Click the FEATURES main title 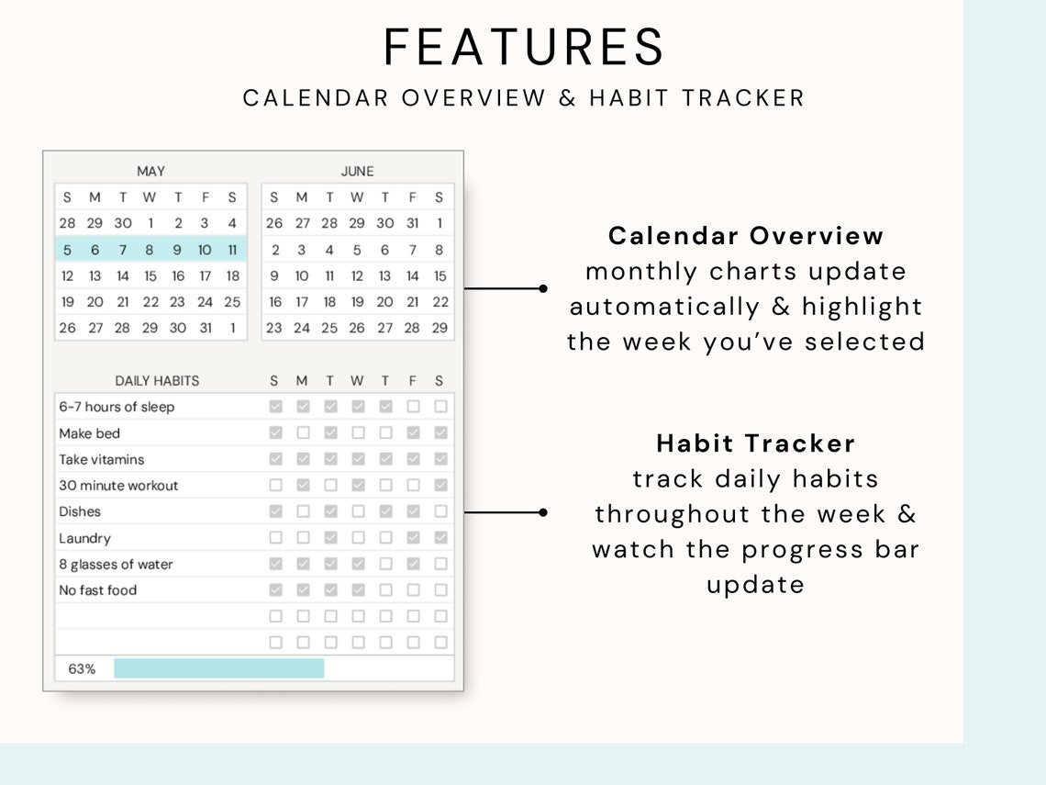pos(524,47)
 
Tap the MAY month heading pos(150,171)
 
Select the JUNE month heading pos(357,171)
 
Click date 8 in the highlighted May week pos(150,249)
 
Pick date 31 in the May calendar pos(205,328)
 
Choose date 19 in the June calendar pos(357,301)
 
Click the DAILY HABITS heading pos(157,380)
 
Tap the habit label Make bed pos(90,433)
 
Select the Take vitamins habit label pos(102,459)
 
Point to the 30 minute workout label pos(119,486)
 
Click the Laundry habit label pos(85,538)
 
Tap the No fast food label pos(98,590)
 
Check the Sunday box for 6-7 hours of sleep pos(275,407)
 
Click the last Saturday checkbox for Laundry pos(440,538)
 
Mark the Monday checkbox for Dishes pos(303,511)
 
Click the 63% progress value pos(82,669)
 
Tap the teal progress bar pos(218,668)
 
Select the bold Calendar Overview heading pos(746,236)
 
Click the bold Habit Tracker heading pos(756,443)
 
